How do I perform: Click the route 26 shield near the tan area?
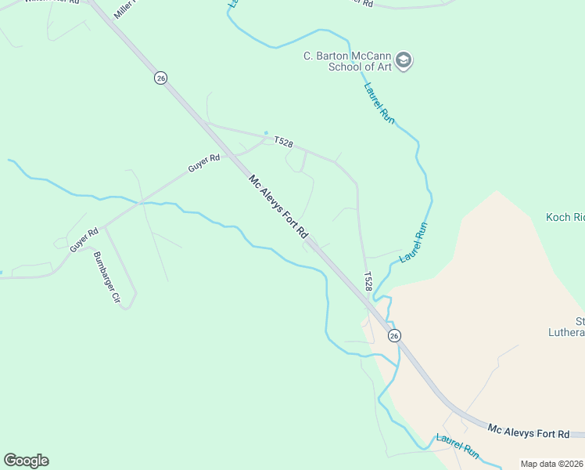[x=394, y=335]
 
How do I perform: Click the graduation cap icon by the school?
[x=404, y=60]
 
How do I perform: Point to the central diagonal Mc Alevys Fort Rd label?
[x=279, y=207]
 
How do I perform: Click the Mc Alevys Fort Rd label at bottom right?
[x=528, y=432]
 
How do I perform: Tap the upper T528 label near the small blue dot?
[x=283, y=141]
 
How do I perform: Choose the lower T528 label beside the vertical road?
[x=368, y=280]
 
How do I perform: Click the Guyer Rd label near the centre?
[x=205, y=163]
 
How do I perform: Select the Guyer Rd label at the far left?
[x=84, y=239]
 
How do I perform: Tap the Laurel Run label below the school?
[x=379, y=101]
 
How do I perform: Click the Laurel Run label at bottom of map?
[x=458, y=446]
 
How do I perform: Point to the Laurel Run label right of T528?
[x=415, y=242]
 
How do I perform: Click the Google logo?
[x=26, y=461]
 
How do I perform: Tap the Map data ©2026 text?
[x=551, y=464]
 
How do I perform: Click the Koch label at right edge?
[x=565, y=217]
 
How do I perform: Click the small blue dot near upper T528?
[x=266, y=132]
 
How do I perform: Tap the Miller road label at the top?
[x=124, y=9]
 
